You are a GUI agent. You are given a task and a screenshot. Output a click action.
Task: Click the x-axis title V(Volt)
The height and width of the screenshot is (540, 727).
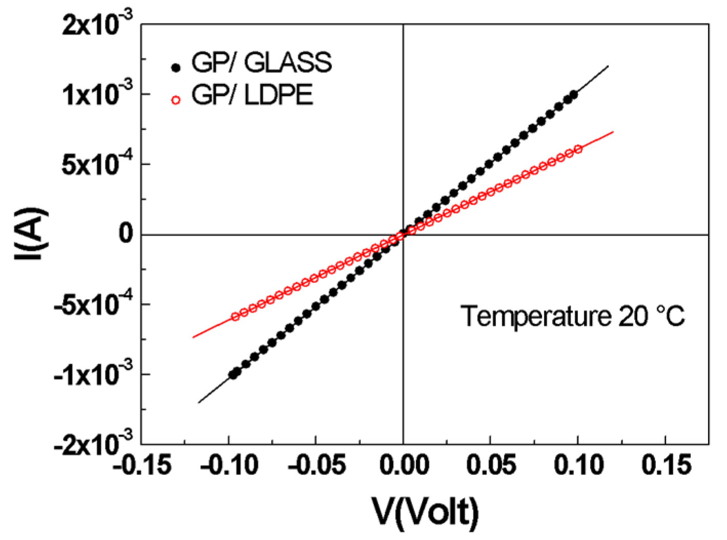(x=425, y=512)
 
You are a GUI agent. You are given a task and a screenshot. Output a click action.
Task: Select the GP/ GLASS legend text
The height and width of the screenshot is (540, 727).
(x=261, y=63)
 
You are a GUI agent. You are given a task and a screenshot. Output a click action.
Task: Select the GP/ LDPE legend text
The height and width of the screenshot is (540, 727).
(x=252, y=95)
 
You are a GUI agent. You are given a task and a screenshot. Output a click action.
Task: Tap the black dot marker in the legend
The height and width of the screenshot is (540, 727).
(x=176, y=67)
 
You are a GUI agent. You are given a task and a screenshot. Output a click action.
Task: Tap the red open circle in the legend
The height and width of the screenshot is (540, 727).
(x=176, y=100)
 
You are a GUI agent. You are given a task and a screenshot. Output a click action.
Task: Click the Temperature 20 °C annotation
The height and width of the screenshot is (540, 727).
(x=572, y=316)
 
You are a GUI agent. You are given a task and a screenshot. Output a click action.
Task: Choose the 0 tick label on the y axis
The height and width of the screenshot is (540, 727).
(x=126, y=234)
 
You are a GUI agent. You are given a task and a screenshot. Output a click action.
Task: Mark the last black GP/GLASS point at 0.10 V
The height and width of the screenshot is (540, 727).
(x=573, y=94)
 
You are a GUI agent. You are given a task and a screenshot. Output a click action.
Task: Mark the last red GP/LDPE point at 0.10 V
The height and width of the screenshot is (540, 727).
(x=578, y=149)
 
